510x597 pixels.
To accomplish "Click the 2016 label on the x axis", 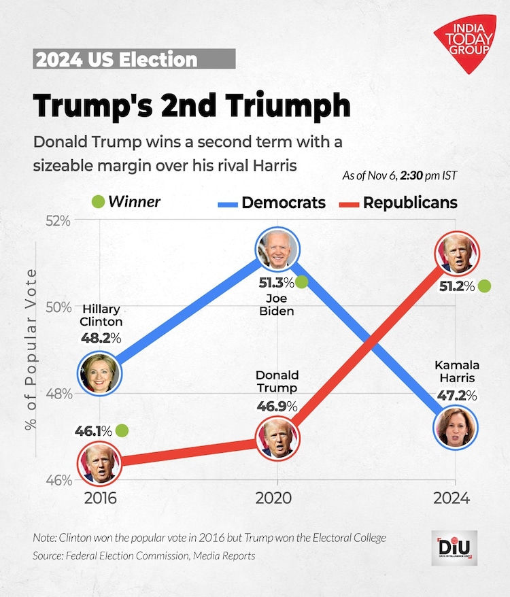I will [x=100, y=498].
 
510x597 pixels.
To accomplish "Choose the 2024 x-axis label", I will [x=452, y=498].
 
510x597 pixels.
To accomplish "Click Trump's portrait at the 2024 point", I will [x=459, y=254].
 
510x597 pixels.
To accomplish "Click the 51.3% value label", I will [x=276, y=282].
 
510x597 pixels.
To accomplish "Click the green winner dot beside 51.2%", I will [x=484, y=286].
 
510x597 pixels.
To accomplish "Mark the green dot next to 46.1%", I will [x=122, y=430].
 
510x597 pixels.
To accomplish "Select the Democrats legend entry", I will [x=271, y=203].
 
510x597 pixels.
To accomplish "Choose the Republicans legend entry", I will [x=398, y=203].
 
